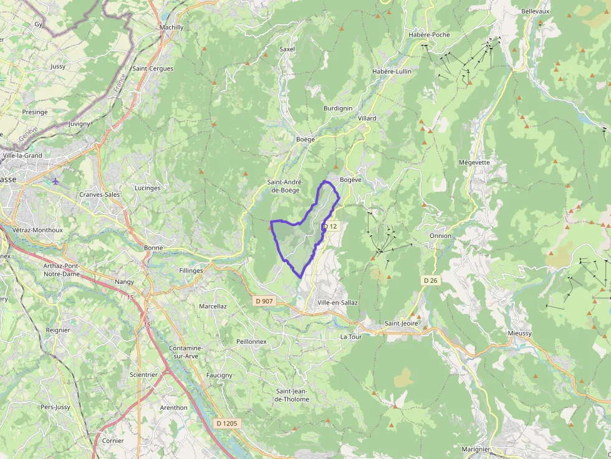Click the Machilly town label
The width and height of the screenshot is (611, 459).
pyautogui.click(x=171, y=27)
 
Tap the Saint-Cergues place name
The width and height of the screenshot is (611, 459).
pyautogui.click(x=153, y=69)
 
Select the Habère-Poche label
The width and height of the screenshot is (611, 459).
pyautogui.click(x=429, y=35)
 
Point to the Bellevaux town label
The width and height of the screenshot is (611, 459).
pyautogui.click(x=535, y=11)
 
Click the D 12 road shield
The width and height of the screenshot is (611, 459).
pyautogui.click(x=330, y=226)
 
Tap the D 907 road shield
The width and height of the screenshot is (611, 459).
pyautogui.click(x=264, y=301)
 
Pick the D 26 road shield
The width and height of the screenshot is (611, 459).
pyautogui.click(x=430, y=281)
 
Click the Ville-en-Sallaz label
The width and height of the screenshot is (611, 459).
pyautogui.click(x=337, y=303)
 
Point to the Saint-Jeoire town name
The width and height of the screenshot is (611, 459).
pyautogui.click(x=401, y=323)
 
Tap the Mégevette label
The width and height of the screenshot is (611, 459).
pyautogui.click(x=474, y=163)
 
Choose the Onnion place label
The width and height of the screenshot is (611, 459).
pyautogui.click(x=440, y=236)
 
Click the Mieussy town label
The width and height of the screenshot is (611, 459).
pyautogui.click(x=520, y=333)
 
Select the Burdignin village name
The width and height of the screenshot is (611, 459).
pyautogui.click(x=338, y=108)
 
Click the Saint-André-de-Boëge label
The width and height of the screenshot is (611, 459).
pyautogui.click(x=284, y=186)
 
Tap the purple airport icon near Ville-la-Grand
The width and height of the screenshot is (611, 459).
pyautogui.click(x=55, y=181)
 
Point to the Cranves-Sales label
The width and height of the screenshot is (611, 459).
pyautogui.click(x=100, y=194)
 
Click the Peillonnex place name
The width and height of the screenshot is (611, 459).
pyautogui.click(x=251, y=341)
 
